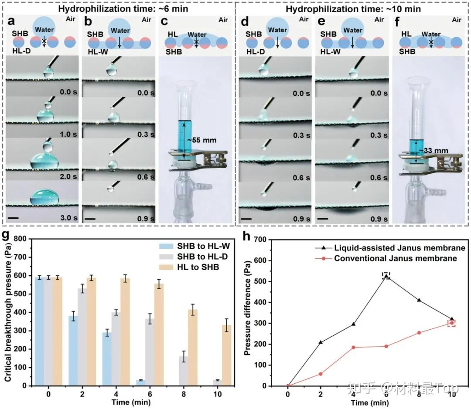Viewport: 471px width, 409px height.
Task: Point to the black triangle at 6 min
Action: click(x=386, y=276)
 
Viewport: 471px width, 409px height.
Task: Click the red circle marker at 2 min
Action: click(x=321, y=374)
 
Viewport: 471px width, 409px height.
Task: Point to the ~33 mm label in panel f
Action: click(x=428, y=150)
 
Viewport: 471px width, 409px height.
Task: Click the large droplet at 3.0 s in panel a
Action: click(x=44, y=197)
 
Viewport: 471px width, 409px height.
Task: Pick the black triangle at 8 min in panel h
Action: click(x=419, y=300)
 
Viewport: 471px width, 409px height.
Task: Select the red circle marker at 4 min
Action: click(x=353, y=347)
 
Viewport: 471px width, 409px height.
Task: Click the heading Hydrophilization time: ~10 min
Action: click(x=355, y=7)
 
